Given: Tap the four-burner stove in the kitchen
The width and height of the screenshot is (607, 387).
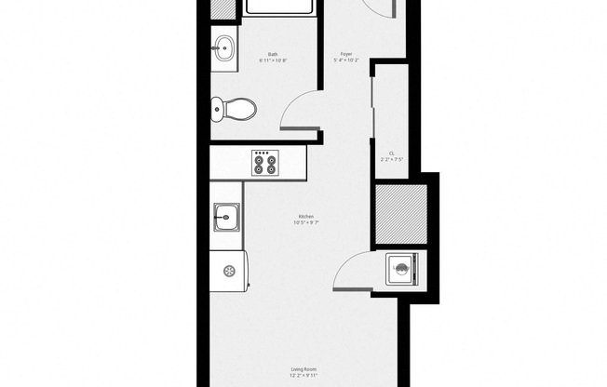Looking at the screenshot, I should pos(265,163).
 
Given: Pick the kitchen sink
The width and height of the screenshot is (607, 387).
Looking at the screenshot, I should pos(225,221).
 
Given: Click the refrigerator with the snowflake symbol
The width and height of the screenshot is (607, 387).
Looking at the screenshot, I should pos(229,272).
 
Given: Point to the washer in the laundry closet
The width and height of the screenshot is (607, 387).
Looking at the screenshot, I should pos(402,270).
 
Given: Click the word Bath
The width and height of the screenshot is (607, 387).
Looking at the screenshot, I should pos(273,54).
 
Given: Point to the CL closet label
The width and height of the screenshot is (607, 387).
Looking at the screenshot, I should pos(391,153).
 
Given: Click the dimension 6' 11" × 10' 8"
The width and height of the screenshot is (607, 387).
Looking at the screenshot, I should pos(273,61).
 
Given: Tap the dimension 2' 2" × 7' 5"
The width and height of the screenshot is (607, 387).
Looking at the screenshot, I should pos(391,160).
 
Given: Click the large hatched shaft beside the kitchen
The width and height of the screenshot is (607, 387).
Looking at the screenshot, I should pos(401,212).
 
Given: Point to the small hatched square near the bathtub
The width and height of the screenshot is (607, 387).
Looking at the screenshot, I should pos(223,7).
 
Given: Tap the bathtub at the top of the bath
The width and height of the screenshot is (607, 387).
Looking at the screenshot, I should pos(278,7).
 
